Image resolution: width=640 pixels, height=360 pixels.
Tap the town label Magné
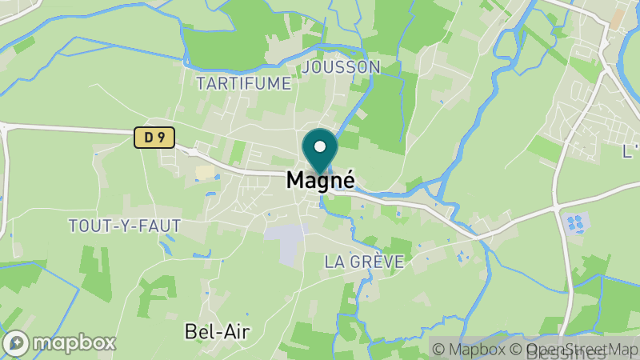pyautogui.click(x=320, y=182)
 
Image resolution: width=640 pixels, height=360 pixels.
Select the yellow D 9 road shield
pyautogui.click(x=154, y=138)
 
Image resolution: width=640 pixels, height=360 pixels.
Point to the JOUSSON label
pyautogui.click(x=342, y=66)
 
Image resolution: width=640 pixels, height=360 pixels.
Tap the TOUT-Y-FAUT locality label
pyautogui.click(x=124, y=226)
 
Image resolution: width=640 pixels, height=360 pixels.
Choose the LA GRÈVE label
pyautogui.click(x=364, y=262)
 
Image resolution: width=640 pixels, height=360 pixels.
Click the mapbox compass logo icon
pyautogui.click(x=16, y=343)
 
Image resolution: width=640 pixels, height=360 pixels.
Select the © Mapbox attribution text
pyautogui.click(x=470, y=349)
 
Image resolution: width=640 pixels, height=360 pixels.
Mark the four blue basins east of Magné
pyautogui.click(x=574, y=222)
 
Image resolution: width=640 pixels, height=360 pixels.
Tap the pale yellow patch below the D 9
pyautogui.click(x=205, y=172)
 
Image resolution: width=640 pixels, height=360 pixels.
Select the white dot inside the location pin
pyautogui.click(x=320, y=146)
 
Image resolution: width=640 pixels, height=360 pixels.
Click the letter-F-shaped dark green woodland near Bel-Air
pyautogui.click(x=154, y=296)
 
